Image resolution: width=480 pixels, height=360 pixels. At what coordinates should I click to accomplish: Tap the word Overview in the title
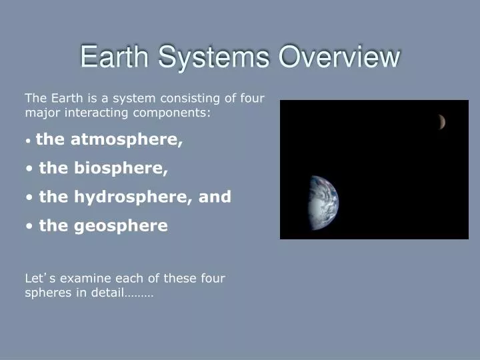tap(339, 57)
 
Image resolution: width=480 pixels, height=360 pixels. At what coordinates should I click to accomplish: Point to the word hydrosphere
tap(129, 197)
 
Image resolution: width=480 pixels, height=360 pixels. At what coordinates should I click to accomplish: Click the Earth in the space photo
tap(324, 203)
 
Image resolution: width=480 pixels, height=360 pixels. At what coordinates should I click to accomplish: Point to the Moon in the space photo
tap(441, 121)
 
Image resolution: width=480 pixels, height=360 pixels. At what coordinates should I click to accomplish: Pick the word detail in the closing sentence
tap(106, 292)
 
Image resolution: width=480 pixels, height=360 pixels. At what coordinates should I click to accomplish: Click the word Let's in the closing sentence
tap(37, 278)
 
